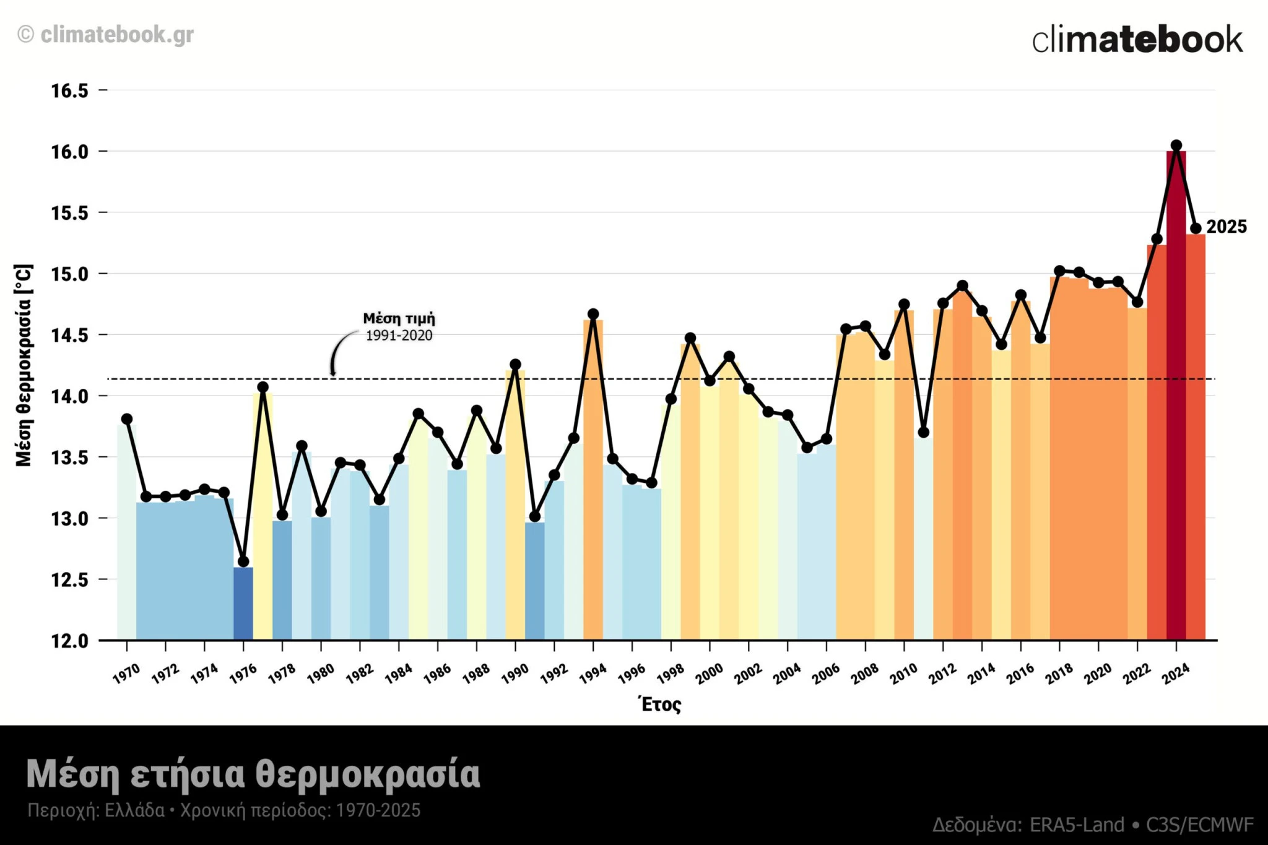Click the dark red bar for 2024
pyautogui.click(x=1176, y=396)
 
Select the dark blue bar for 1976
pyautogui.click(x=243, y=604)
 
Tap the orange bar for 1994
pyautogui.click(x=593, y=480)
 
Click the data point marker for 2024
pyautogui.click(x=1176, y=145)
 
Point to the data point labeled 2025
pyautogui.click(x=1196, y=228)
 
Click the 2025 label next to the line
pyautogui.click(x=1227, y=227)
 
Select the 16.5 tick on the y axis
pyautogui.click(x=69, y=91)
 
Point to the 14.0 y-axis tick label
pyautogui.click(x=69, y=396)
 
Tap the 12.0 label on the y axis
pyautogui.click(x=69, y=641)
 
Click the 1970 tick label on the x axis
pyautogui.click(x=126, y=673)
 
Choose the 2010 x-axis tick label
pyautogui.click(x=903, y=673)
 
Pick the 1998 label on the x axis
pyautogui.click(x=670, y=673)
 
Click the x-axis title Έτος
pyautogui.click(x=660, y=704)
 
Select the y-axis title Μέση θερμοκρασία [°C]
pyautogui.click(x=24, y=365)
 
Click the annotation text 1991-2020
pyautogui.click(x=399, y=336)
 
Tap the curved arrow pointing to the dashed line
pyautogui.click(x=337, y=353)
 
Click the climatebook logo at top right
pyautogui.click(x=1137, y=40)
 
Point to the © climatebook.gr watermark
pyautogui.click(x=105, y=35)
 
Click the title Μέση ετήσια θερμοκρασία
pyautogui.click(x=253, y=774)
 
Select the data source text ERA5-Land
pyautogui.click(x=1077, y=825)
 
